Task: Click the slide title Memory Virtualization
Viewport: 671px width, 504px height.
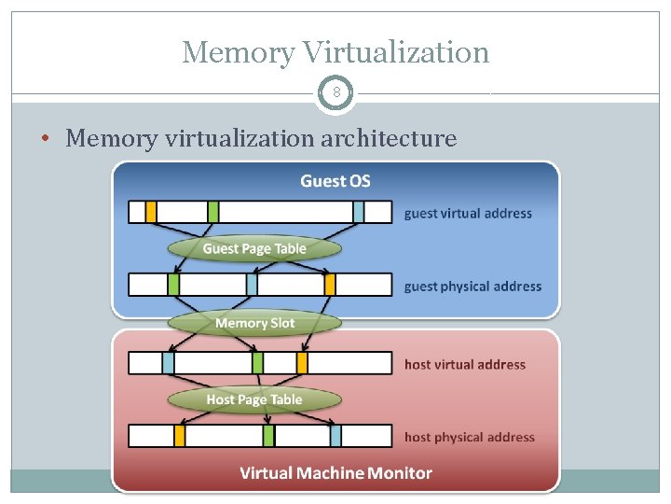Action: click(335, 52)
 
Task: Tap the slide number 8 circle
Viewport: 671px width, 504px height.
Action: click(335, 93)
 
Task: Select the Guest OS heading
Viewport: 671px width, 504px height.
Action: click(335, 181)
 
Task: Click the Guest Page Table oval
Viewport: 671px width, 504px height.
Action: click(254, 248)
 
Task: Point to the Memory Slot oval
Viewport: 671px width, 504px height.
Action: click(254, 323)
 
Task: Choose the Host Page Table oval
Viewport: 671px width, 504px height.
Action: click(254, 399)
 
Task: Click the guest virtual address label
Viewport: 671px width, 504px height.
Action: click(468, 214)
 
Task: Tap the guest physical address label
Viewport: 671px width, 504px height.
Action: click(472, 287)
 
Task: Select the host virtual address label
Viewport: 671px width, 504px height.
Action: click(465, 365)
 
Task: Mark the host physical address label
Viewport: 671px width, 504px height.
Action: click(470, 437)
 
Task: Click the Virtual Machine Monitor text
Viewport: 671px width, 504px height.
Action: click(335, 473)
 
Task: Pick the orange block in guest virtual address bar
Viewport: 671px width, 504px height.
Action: click(151, 212)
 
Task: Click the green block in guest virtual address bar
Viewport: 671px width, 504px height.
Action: click(213, 212)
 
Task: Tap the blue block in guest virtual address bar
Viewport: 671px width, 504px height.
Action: click(359, 212)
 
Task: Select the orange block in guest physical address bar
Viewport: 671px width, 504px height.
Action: click(330, 285)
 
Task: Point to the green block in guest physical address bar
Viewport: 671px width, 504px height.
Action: click(173, 285)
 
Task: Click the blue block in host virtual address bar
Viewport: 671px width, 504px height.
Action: click(169, 363)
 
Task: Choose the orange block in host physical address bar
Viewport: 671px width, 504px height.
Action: click(180, 436)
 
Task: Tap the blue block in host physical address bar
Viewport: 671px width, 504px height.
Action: click(335, 436)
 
